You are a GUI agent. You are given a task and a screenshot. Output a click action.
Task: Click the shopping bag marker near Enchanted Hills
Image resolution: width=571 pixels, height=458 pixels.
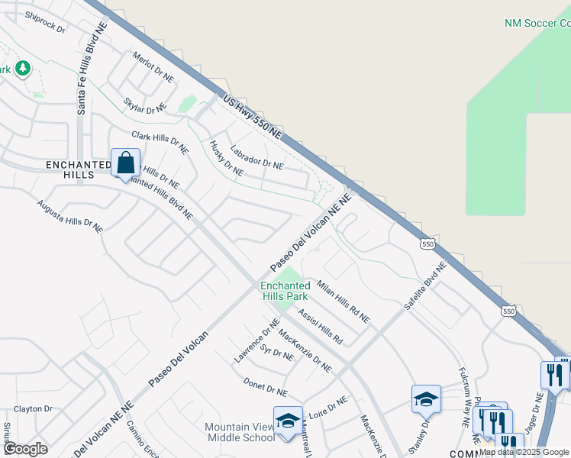click(125, 163)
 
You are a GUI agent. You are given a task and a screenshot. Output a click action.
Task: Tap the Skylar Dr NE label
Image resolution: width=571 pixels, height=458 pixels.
click(144, 105)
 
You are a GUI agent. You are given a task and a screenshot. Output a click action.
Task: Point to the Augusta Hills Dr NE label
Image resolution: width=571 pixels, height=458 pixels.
click(69, 216)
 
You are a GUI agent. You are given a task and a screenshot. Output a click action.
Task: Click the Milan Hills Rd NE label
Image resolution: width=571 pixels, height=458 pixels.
click(343, 301)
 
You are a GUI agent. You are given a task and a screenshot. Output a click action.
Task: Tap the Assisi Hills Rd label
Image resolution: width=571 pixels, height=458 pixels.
click(320, 326)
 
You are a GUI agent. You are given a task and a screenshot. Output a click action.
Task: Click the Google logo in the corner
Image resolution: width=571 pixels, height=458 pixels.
click(25, 448)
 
